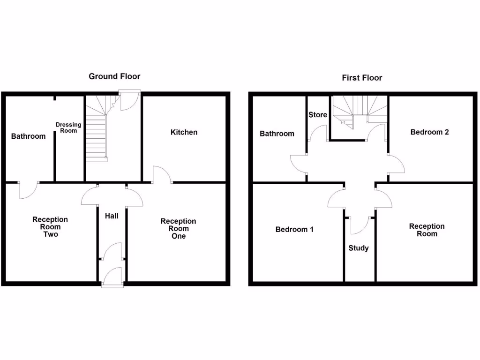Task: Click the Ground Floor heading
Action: [x=114, y=76]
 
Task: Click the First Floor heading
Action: [x=362, y=78]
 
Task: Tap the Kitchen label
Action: [x=184, y=132]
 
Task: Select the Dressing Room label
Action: [x=68, y=127]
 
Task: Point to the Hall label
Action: [x=112, y=216]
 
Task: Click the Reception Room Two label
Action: [x=50, y=226]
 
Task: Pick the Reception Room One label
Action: [x=178, y=228]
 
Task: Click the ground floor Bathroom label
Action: [x=29, y=136]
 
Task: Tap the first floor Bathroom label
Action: [x=277, y=134]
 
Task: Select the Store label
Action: [x=318, y=115]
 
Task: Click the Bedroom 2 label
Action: [x=429, y=132]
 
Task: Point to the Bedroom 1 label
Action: [x=294, y=229]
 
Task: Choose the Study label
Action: [x=359, y=248]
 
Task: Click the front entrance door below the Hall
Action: [x=113, y=277]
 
